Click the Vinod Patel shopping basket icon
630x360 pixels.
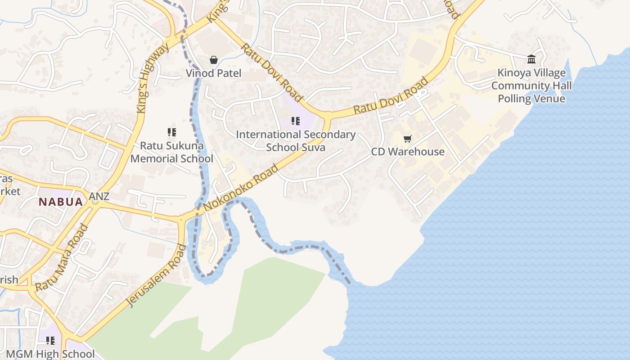click(214, 60)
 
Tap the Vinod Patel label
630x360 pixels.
click(214, 73)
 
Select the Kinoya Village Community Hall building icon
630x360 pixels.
click(531, 59)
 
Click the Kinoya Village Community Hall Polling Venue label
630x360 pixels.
click(531, 85)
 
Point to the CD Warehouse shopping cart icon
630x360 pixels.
click(408, 139)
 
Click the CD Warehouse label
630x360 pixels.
click(408, 152)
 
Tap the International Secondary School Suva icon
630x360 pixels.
click(296, 121)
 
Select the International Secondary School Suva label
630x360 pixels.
click(296, 140)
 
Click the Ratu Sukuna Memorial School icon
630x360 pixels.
click(171, 132)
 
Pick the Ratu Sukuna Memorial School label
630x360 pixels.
click(171, 152)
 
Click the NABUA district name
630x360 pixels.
click(61, 202)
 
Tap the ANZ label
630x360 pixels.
click(99, 197)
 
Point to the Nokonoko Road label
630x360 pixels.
click(241, 188)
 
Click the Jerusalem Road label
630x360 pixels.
click(156, 276)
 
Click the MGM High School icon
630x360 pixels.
click(50, 341)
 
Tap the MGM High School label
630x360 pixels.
click(50, 354)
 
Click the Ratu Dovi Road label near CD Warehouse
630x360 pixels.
click(391, 96)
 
